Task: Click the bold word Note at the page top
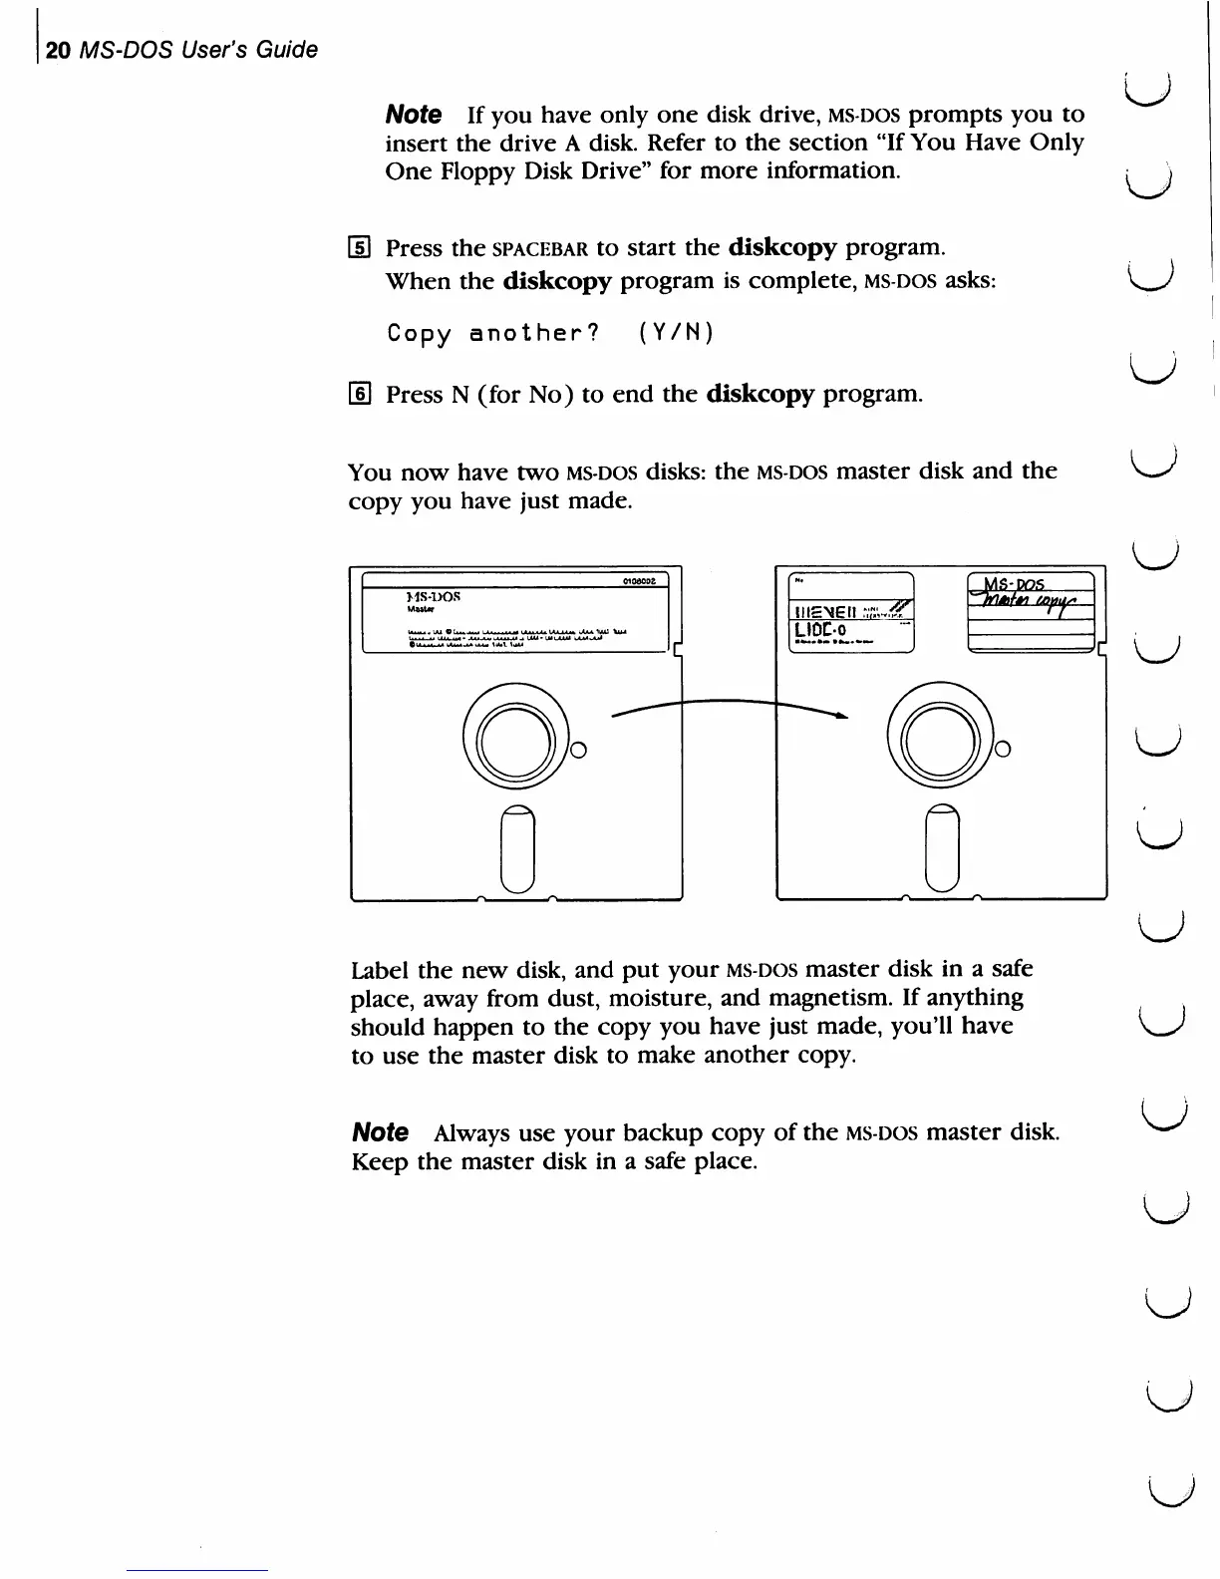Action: click(414, 114)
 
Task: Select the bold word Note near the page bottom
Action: click(381, 1132)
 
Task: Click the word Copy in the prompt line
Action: click(420, 332)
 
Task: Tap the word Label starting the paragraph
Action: click(381, 969)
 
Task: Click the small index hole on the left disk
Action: click(576, 750)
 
